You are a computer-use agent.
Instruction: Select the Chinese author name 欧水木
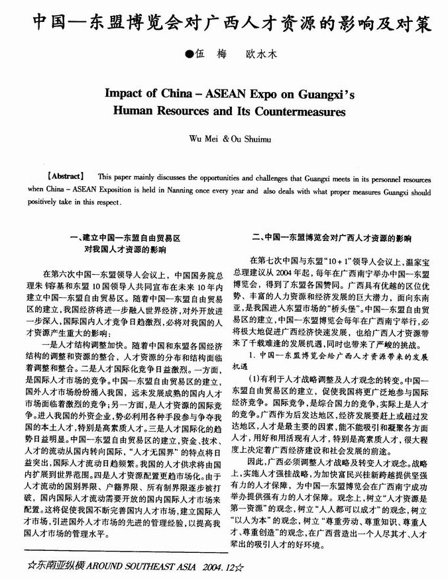258,56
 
